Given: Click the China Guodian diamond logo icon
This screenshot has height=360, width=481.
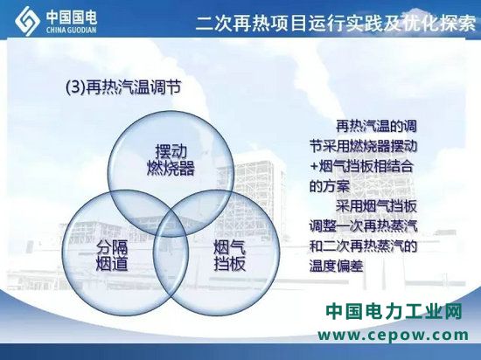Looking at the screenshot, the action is pos(27,21).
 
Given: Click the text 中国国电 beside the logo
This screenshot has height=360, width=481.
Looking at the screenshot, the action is pos(72,17).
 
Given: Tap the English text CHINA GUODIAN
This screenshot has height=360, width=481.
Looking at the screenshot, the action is pos(71,30).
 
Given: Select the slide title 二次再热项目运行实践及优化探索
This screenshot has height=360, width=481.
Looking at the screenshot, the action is pos(336,23).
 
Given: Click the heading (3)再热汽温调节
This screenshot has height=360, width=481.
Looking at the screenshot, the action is pos(123,87).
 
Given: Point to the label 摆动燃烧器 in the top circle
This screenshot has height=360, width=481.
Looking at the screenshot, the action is pos(171,159).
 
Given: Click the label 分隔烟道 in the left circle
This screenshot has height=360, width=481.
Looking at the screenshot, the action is pos(112,255).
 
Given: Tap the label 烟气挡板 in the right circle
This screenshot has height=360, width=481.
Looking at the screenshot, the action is pos(230,255).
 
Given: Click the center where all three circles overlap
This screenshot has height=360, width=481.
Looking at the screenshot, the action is pos(171,218).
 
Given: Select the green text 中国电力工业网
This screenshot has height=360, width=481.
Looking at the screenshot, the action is pos(394,312).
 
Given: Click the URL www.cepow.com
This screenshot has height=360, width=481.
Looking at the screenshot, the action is pos(393,335).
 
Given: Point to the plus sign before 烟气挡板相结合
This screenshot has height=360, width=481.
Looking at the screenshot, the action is pos(314,167).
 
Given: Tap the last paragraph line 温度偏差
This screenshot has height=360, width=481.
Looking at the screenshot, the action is pos(336,266).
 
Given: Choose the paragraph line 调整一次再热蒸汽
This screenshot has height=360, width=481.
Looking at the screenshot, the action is pos(363,226).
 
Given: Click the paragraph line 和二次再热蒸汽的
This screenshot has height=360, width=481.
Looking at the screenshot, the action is pos(363,246).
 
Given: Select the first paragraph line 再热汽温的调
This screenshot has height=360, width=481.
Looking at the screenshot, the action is pos(376,126).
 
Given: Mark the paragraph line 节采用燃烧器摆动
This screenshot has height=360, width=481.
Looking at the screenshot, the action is pos(363,146).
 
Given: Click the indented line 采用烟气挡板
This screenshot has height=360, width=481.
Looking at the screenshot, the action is pos(376,206).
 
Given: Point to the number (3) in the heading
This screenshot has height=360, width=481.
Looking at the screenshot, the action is pos(75,87).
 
